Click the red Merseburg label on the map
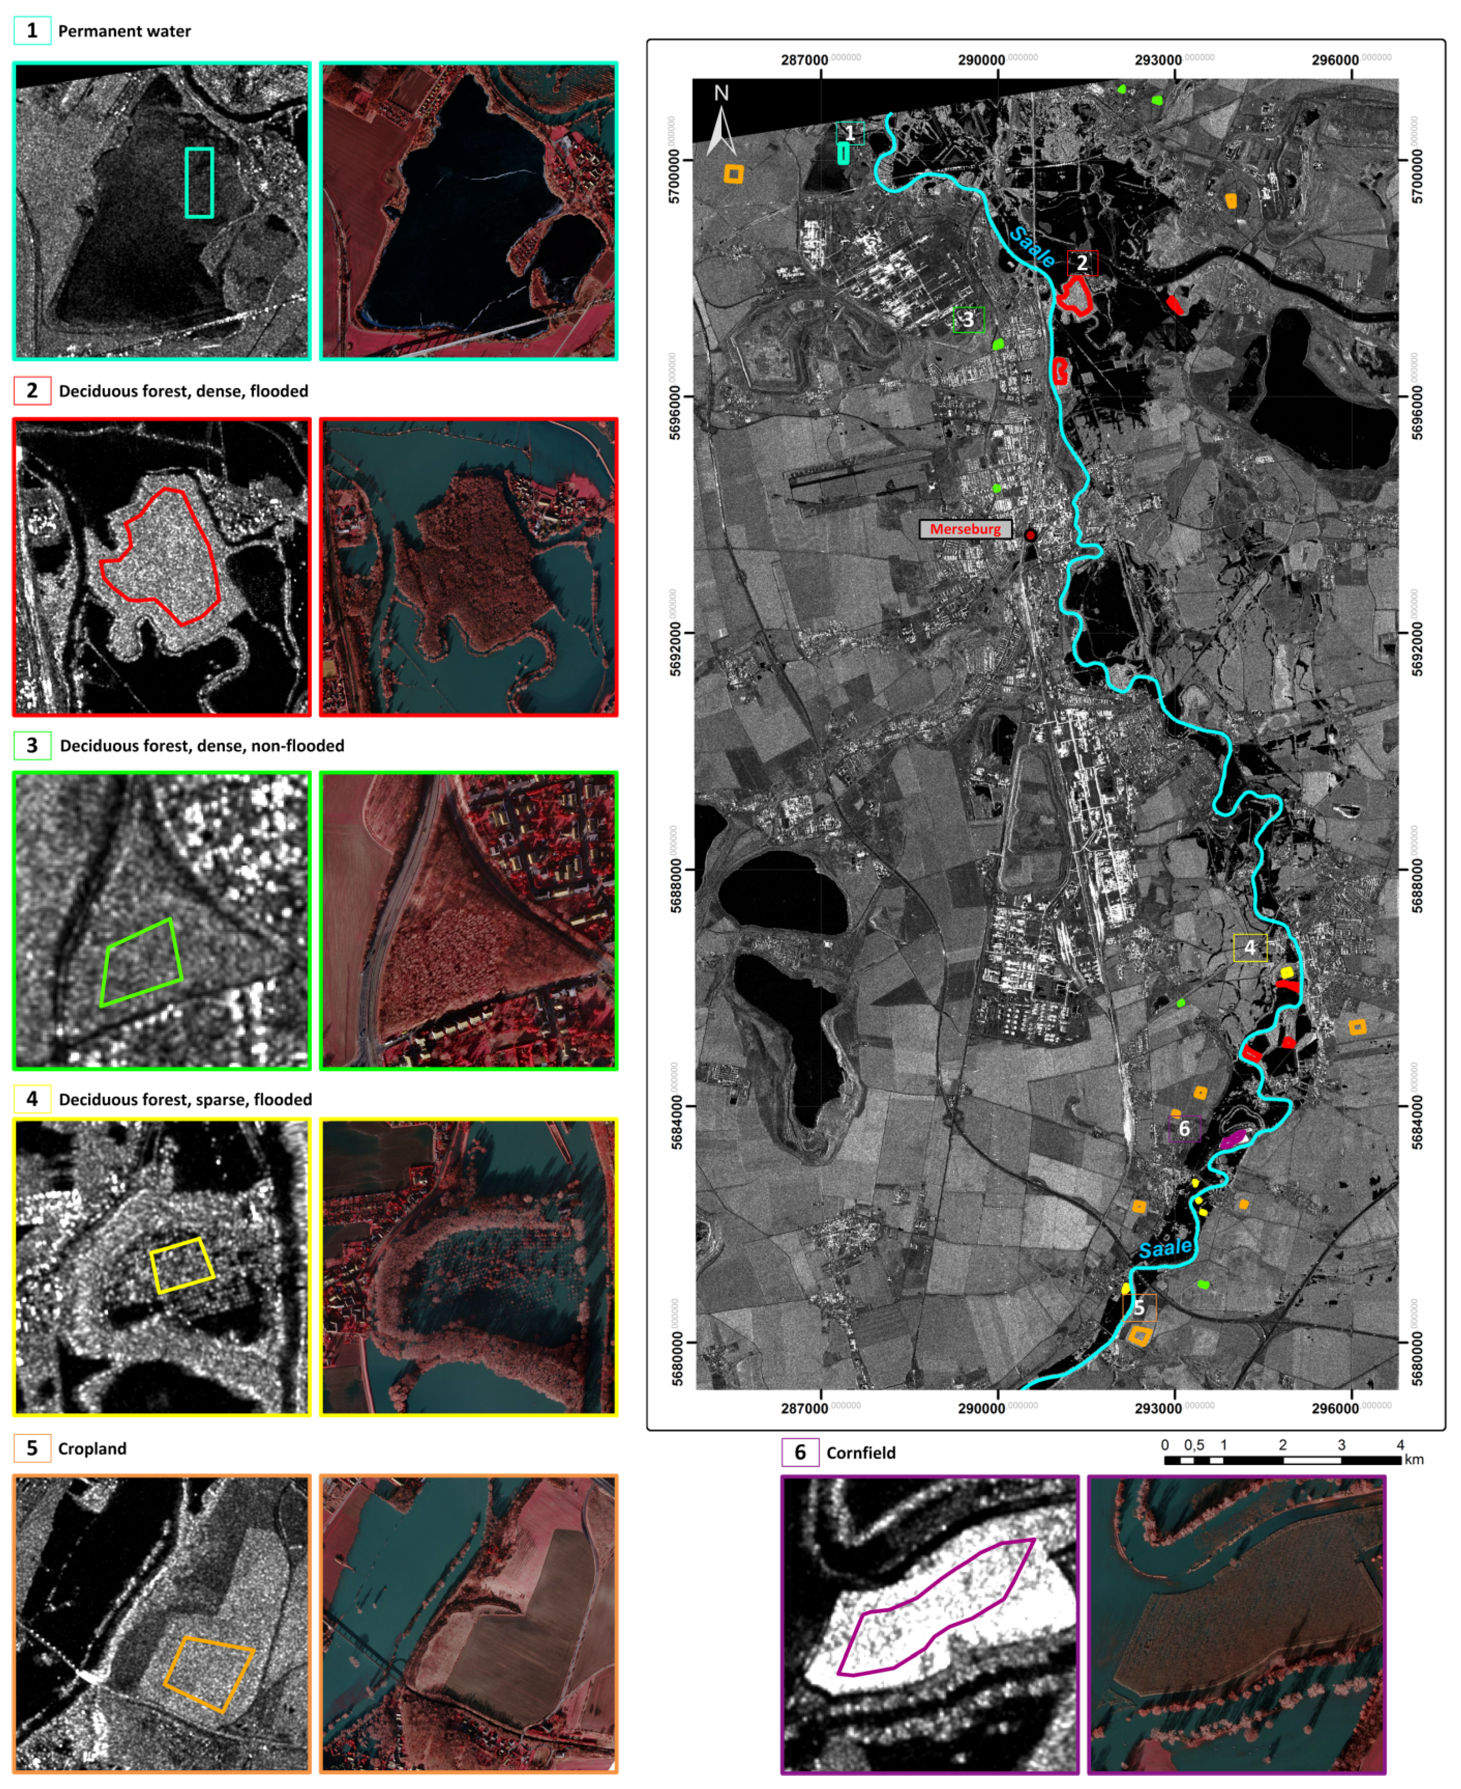[965, 529]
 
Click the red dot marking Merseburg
[1030, 535]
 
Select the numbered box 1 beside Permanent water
[32, 31]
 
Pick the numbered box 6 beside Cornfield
[800, 1452]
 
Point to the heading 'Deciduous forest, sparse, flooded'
[185, 1099]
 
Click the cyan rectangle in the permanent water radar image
[199, 183]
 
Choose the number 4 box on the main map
[1250, 947]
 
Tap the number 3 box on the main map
[968, 320]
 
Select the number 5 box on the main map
[1139, 1307]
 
